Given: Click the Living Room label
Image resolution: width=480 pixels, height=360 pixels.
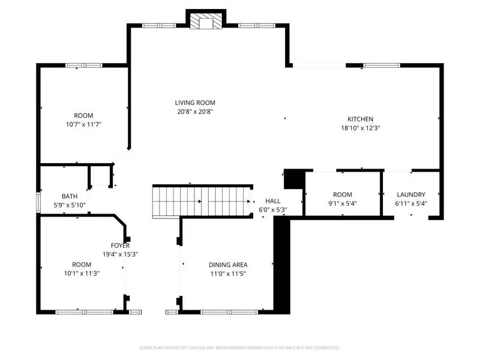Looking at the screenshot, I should [x=195, y=103].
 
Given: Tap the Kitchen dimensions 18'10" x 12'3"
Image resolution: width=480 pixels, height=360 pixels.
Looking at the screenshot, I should [x=360, y=128].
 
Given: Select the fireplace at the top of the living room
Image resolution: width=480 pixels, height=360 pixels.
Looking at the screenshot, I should [x=206, y=22].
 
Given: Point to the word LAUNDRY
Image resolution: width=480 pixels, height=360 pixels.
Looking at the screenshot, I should [x=411, y=194].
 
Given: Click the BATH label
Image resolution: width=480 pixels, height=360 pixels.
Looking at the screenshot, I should [x=70, y=196].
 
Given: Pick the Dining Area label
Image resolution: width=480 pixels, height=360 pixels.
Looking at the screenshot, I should [x=228, y=265].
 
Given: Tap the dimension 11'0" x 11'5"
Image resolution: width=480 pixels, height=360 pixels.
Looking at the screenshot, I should [x=228, y=274].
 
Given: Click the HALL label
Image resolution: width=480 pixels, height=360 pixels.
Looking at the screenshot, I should [x=273, y=202].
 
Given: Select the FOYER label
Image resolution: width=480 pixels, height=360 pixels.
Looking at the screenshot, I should [x=120, y=245].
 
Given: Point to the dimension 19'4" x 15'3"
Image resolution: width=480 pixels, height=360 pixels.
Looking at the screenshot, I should [x=120, y=254].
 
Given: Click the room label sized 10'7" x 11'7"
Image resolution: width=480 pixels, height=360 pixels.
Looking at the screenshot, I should [x=83, y=115].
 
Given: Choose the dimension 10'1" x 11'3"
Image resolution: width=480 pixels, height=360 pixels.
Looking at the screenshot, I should [x=82, y=274].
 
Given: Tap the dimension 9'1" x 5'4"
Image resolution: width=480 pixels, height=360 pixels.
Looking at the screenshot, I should [x=342, y=203].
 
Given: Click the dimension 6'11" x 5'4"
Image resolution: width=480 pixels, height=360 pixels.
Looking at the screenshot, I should [x=411, y=203].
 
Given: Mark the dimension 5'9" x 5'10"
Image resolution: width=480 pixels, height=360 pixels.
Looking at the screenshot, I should [x=70, y=205].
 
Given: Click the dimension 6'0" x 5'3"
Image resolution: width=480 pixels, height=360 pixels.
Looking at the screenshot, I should [x=273, y=210].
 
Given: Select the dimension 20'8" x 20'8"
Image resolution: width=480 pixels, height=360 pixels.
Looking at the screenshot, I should [x=195, y=112].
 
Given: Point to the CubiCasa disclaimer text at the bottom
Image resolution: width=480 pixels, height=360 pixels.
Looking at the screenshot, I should [x=239, y=347].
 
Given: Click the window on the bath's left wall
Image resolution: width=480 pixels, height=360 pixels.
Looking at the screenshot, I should [x=38, y=200].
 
